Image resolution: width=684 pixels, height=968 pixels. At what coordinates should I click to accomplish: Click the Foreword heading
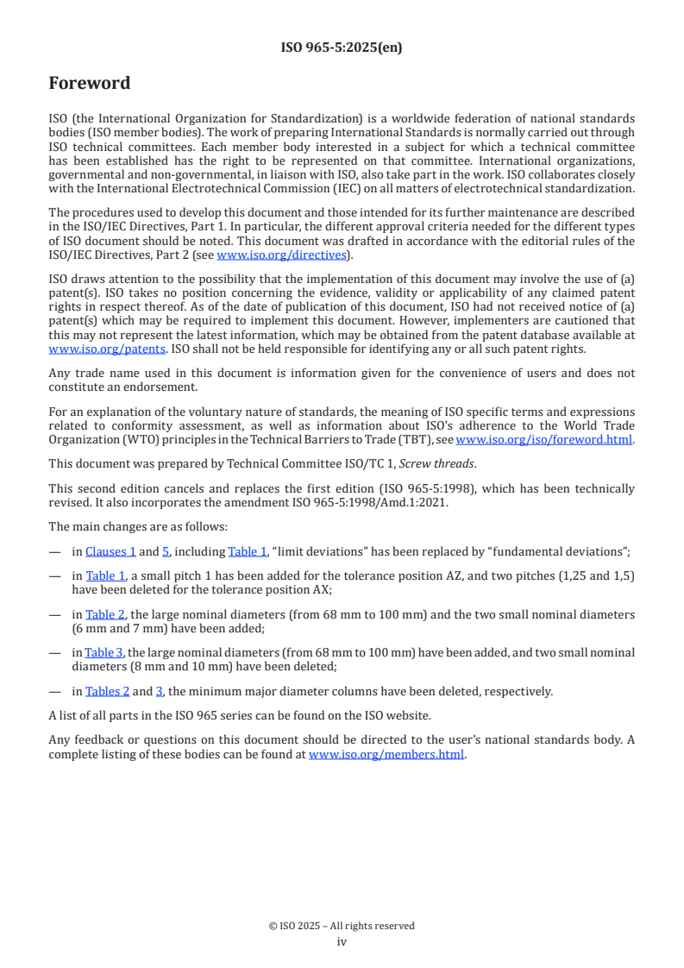point(90,84)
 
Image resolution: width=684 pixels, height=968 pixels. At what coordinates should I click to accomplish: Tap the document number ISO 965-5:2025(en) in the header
point(342,47)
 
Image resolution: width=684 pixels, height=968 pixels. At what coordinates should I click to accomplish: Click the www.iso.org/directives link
point(283,255)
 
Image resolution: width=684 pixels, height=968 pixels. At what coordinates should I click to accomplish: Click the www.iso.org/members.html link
point(386,753)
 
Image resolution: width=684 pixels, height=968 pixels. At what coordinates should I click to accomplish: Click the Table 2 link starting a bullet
point(105,614)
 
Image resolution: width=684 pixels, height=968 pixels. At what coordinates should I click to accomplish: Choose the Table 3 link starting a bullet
point(104,652)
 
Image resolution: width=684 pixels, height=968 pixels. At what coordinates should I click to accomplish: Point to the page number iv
point(342,941)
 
